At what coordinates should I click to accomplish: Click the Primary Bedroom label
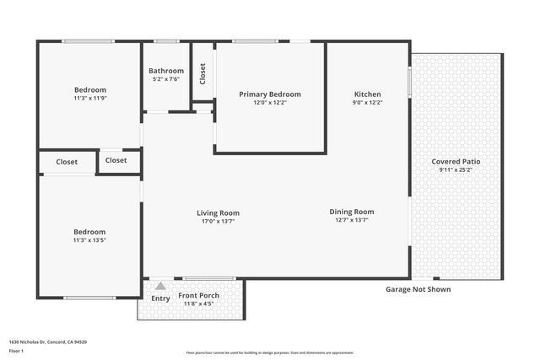tap(269, 94)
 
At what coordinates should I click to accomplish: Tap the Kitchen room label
tap(367, 94)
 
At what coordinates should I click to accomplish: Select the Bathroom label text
tap(166, 71)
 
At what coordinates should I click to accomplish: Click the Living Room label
tap(219, 212)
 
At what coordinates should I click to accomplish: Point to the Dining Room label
tap(351, 212)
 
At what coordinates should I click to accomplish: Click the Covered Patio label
tap(456, 161)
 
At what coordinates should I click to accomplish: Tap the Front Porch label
tap(198, 295)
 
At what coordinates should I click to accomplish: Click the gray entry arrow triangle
tap(160, 287)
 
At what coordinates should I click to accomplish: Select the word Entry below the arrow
tap(160, 298)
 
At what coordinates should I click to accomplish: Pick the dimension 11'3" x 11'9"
tap(90, 98)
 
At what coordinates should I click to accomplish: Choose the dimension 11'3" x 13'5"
tap(89, 240)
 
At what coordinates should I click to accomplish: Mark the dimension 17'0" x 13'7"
tap(219, 221)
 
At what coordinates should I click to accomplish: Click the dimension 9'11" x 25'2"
tap(456, 169)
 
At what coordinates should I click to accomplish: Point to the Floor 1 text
tap(17, 350)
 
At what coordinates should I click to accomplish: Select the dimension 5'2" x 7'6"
tap(166, 79)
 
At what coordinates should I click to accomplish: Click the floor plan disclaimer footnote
tap(270, 352)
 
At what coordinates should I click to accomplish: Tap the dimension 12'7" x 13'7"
tap(351, 220)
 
